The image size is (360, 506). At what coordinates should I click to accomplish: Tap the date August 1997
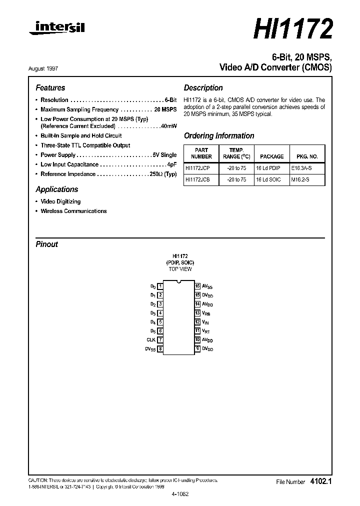50,68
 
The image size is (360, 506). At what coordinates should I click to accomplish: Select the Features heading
50,87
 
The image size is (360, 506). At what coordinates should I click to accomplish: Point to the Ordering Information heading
219,135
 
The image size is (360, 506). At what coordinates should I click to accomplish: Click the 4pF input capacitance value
172,164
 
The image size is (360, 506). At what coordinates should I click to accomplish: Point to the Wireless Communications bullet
73,211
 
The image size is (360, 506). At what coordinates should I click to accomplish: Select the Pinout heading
47,244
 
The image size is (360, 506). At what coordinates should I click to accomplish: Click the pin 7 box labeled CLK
160,340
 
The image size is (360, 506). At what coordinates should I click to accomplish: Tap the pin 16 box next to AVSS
197,286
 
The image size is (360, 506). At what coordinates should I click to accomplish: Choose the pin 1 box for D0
160,286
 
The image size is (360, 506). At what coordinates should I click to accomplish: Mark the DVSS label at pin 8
150,349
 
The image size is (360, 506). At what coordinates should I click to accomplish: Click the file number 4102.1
321,481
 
